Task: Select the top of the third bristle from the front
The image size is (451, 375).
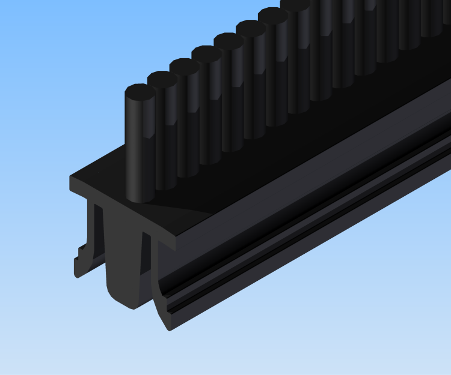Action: coord(184,67)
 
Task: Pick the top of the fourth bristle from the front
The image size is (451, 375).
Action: coord(207,54)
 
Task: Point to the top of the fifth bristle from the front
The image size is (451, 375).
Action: coord(229,41)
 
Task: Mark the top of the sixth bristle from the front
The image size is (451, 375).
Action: coord(251,29)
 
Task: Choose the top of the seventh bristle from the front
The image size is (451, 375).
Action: coord(273,16)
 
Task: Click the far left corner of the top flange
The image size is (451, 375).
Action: coord(72,178)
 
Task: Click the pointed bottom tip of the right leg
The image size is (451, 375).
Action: coord(169,327)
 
